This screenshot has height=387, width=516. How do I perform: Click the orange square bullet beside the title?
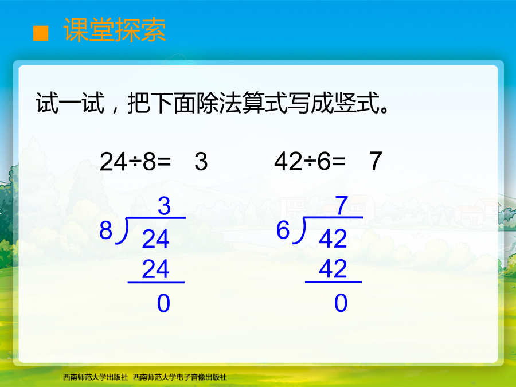pos(41,33)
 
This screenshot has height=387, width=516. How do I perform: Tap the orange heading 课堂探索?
pos(115,30)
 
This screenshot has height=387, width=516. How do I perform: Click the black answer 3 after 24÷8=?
pos(201,162)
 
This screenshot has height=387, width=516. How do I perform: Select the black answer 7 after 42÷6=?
pos(376,161)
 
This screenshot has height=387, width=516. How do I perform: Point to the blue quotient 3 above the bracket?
pos(164,206)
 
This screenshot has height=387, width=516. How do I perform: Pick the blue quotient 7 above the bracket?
pos(342,205)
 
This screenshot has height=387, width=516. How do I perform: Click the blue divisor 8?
pos(105,230)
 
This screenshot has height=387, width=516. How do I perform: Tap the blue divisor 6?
pos(283,230)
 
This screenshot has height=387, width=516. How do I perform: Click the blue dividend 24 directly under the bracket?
pos(155,239)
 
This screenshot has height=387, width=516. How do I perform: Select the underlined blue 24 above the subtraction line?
pos(155,269)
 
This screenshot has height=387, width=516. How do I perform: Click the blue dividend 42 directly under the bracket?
pos(333,239)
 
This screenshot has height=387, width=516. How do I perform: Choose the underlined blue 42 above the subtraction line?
pos(333,269)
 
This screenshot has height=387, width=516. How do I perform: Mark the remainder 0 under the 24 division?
pos(163,303)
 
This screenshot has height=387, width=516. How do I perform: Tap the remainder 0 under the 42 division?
pos(341,303)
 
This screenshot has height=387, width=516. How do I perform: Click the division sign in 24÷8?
pos(135,162)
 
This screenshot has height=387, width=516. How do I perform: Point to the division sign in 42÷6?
pos(310,162)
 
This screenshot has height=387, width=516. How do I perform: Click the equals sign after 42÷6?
pos(339,162)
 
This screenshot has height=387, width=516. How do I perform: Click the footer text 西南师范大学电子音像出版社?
pos(179,377)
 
